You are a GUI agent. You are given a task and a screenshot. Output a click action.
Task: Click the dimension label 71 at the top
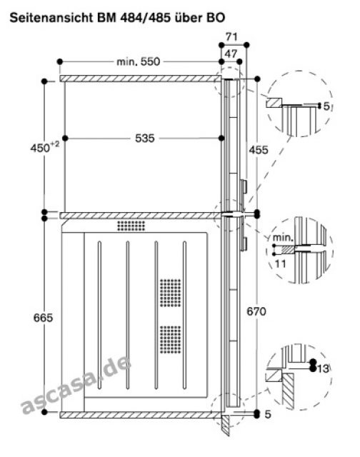(231, 37)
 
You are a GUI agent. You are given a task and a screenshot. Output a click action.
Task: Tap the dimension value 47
(231, 54)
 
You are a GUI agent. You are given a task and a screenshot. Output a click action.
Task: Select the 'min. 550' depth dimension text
(138, 62)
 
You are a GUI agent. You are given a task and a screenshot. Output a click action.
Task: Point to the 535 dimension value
(145, 138)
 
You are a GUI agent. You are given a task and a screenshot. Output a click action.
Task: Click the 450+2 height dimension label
(44, 147)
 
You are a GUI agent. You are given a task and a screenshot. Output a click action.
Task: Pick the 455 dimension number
(259, 150)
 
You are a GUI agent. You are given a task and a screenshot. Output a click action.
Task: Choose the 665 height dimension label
(43, 317)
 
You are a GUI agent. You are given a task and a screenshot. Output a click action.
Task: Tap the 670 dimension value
(256, 311)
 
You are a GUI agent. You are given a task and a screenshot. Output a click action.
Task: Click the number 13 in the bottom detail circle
(323, 369)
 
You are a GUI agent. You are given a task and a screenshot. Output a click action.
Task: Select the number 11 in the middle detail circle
(281, 264)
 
